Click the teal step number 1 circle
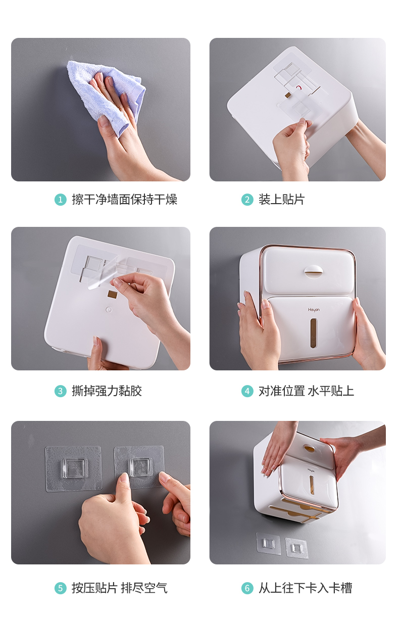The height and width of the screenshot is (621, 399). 61,200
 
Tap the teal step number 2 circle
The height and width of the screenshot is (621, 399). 247,200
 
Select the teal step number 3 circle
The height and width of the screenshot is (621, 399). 61,391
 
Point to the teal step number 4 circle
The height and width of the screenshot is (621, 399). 247,391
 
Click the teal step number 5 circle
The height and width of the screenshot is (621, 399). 61,588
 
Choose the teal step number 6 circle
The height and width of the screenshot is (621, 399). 247,588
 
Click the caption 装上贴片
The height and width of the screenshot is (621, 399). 281,199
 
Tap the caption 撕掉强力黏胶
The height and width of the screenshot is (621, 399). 107,391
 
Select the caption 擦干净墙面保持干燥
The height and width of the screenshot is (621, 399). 124,199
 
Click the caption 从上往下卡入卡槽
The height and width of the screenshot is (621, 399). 306,588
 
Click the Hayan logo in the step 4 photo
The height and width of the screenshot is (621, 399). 314,310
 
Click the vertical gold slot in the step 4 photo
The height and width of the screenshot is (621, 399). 313,333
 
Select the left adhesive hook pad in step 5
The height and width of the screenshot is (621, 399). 74,468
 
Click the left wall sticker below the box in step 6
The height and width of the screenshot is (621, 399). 268,544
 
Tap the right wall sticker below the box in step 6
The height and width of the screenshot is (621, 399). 296,548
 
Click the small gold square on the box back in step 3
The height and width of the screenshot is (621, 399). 112,295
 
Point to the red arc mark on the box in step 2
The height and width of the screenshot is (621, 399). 298,88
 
